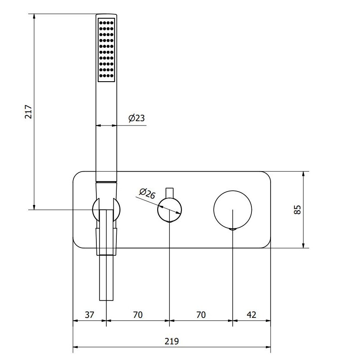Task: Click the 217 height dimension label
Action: pos(28,112)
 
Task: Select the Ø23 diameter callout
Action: pos(137,118)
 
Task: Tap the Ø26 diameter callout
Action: pos(147,194)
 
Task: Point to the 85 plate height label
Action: pos(297,210)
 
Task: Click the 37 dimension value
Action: pos(89,315)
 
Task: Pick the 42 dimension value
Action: pos(251,315)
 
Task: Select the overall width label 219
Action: pos(172,341)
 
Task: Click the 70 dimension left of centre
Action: pos(138,315)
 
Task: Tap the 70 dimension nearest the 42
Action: pos(201,315)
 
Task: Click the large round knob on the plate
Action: pos(233,210)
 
